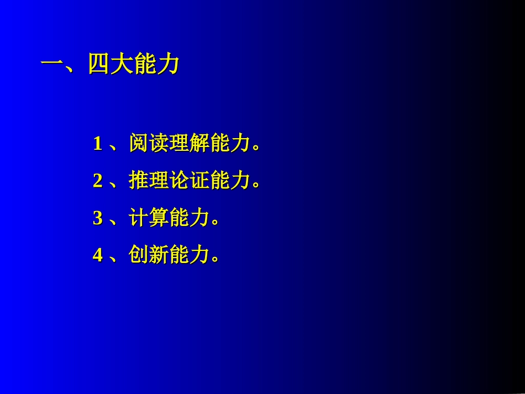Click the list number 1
(x=98, y=144)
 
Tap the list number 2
(x=98, y=181)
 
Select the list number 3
(x=98, y=218)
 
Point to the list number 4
(x=98, y=255)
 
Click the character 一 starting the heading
(x=53, y=65)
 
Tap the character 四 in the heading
(x=99, y=65)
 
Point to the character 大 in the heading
(x=122, y=65)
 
